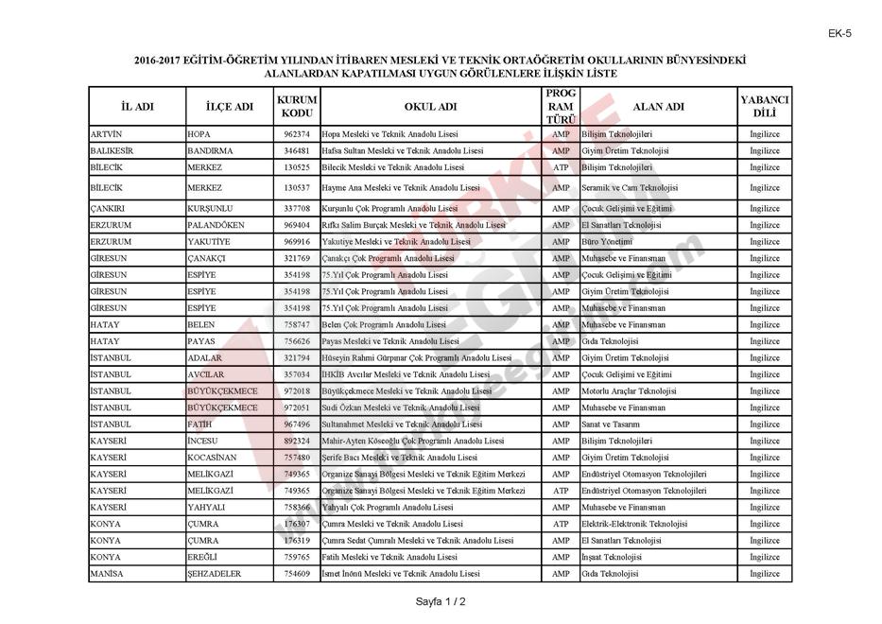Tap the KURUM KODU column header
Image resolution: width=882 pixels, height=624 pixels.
297,106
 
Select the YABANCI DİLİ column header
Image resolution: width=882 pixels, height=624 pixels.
764,106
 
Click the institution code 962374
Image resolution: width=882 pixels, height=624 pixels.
297,134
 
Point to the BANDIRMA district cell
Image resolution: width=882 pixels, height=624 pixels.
211,151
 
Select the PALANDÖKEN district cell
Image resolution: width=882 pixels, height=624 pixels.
216,225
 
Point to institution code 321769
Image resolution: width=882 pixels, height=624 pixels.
297,258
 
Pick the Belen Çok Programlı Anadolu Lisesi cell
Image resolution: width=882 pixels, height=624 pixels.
384,324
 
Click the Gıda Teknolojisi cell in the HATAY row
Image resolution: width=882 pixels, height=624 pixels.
610,341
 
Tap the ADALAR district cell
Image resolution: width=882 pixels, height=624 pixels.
205,358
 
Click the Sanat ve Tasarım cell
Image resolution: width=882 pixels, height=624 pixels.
610,425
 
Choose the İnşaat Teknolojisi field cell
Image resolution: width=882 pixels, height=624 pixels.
611,557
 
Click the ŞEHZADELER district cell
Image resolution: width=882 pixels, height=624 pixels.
215,574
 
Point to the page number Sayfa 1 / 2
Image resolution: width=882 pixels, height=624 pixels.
441,601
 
